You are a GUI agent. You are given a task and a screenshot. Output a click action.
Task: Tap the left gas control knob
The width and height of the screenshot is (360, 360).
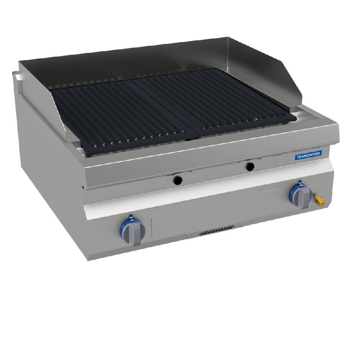pos(134,233)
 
